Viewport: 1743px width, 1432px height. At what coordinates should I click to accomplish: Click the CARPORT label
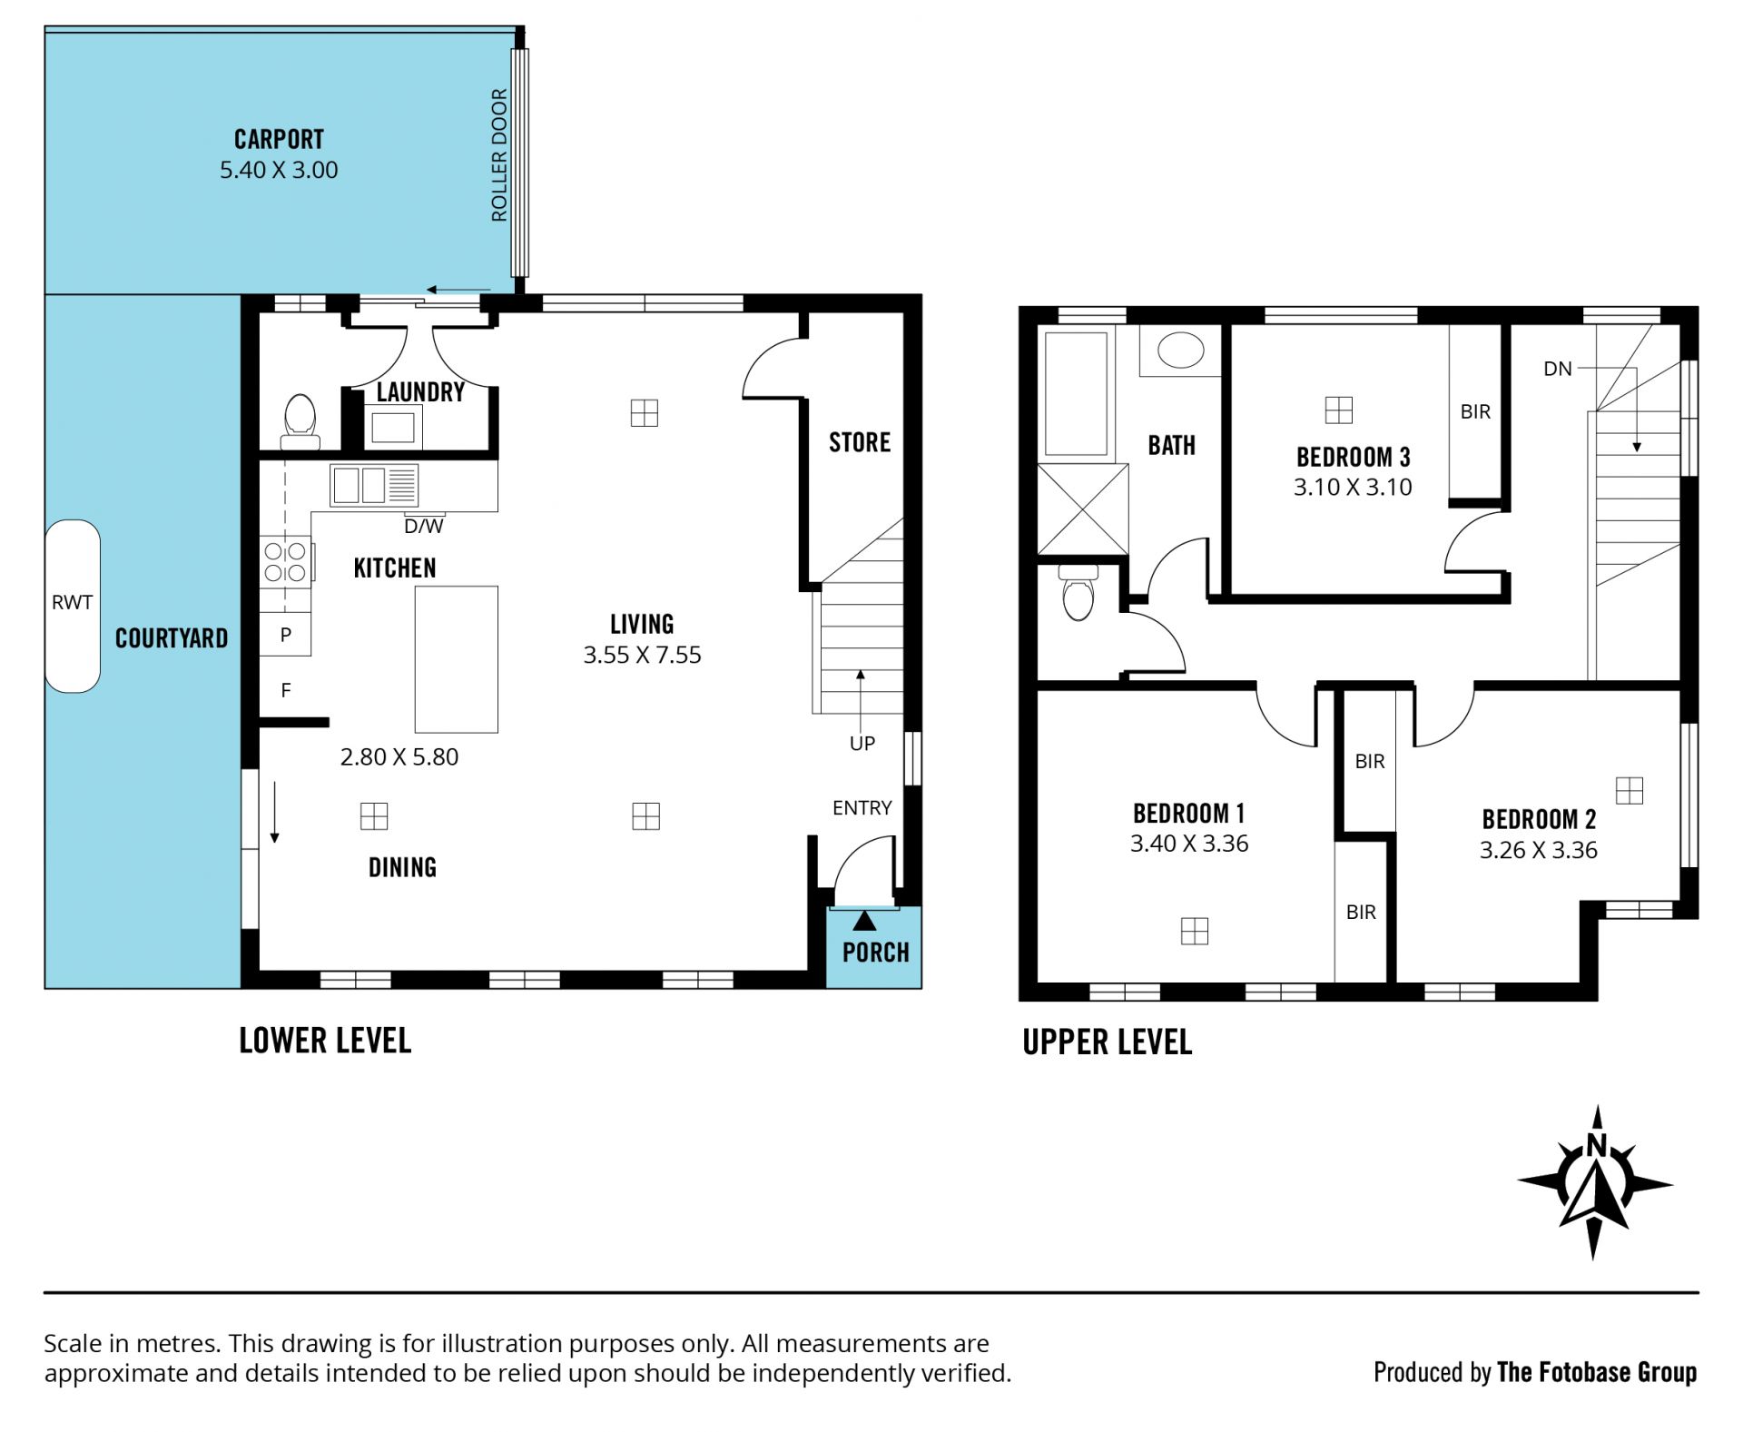(x=279, y=139)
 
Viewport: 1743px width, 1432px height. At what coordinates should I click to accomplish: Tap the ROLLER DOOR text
(x=499, y=155)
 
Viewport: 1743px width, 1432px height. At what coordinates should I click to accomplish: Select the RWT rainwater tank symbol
(x=73, y=606)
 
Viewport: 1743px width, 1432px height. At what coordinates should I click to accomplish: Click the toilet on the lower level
(x=300, y=422)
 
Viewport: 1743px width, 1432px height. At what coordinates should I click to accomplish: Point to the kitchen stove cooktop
(x=285, y=561)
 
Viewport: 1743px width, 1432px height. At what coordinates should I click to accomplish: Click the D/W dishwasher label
(x=424, y=526)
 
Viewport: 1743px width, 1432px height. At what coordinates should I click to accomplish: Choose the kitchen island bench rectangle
(x=457, y=659)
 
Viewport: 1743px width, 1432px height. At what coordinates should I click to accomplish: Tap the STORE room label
(x=860, y=442)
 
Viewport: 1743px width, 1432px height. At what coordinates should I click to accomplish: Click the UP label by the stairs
(x=862, y=743)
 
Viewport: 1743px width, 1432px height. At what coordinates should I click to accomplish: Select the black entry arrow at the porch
(x=865, y=921)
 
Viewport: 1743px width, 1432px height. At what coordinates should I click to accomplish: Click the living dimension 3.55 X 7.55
(x=643, y=655)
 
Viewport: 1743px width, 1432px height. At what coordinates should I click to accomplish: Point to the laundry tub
(x=392, y=427)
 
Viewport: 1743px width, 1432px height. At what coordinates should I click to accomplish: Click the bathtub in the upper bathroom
(x=1077, y=393)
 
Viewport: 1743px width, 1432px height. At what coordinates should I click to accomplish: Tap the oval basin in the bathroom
(x=1181, y=351)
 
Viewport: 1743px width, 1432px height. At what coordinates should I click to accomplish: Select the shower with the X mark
(x=1083, y=509)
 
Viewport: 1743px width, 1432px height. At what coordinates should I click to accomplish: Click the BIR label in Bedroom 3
(x=1475, y=412)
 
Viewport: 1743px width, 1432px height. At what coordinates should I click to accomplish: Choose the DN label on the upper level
(x=1558, y=369)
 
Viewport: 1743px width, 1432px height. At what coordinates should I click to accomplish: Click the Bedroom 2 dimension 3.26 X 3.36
(x=1539, y=850)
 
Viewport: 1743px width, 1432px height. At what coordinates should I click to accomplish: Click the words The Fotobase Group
(x=1597, y=1372)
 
